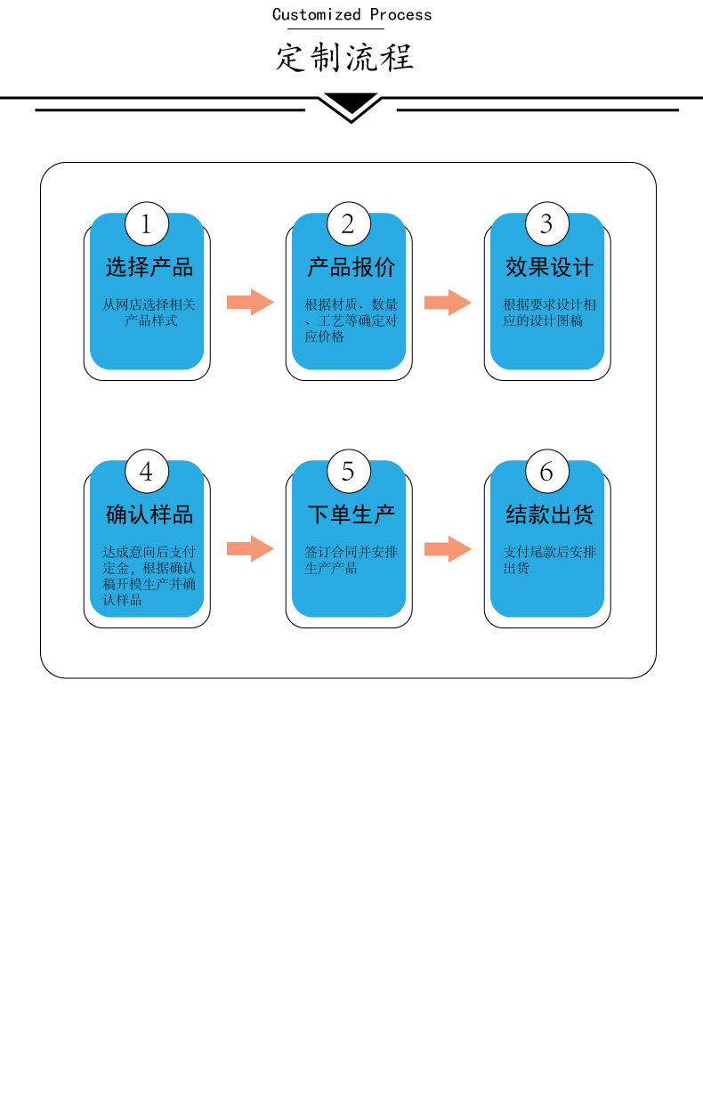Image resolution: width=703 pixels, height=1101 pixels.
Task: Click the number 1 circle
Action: (147, 224)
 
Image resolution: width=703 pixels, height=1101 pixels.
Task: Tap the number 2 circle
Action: (348, 224)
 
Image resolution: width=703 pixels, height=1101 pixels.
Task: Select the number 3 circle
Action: (546, 224)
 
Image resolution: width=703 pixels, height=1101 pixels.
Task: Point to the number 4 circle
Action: (147, 471)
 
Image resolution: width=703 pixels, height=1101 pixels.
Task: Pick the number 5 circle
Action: (348, 471)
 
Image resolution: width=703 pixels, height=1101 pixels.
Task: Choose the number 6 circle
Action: (546, 471)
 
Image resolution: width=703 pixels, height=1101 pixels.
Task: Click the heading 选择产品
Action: (149, 267)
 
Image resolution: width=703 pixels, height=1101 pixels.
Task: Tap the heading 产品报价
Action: (351, 267)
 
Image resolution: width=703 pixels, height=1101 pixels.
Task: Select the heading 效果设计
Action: (549, 267)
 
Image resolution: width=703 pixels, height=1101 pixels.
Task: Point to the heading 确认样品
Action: (149, 514)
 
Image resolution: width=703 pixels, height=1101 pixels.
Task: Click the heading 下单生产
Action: (351, 514)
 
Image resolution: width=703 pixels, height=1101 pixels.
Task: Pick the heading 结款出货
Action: (549, 514)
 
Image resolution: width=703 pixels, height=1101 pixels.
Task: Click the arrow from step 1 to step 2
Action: (250, 303)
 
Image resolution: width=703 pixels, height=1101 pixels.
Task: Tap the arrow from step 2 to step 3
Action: (448, 303)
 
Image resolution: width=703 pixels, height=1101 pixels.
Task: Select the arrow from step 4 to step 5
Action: (250, 549)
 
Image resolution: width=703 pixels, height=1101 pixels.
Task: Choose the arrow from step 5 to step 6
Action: (448, 549)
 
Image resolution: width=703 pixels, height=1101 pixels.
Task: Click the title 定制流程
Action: (344, 58)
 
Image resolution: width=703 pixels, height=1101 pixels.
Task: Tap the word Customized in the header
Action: (317, 14)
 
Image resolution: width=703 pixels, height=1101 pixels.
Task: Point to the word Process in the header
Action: (401, 14)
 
